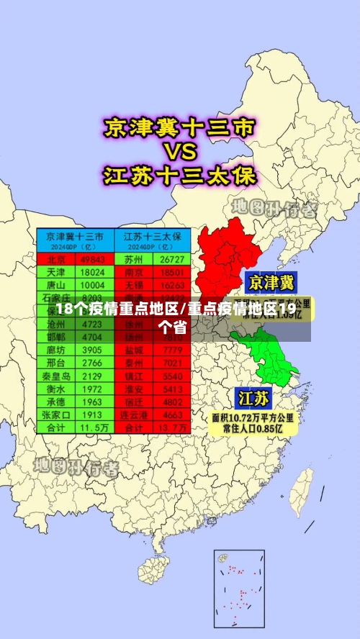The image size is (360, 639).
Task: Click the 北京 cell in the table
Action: [56, 259]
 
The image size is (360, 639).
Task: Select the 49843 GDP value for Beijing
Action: [93, 259]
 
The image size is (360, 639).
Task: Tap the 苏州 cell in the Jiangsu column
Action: [133, 259]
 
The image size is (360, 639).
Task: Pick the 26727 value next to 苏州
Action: [172, 259]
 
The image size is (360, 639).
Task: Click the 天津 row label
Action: [56, 273]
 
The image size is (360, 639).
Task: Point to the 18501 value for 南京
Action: [172, 273]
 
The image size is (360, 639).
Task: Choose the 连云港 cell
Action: [133, 415]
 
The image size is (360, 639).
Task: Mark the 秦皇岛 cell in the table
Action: [56, 376]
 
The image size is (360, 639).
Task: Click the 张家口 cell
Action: [56, 415]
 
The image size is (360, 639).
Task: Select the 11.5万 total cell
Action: [93, 427]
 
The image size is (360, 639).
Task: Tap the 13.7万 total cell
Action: [172, 427]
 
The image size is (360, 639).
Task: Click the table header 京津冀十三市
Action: [75, 236]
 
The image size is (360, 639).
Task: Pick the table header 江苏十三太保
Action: [152, 236]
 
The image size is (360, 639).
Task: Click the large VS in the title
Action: [180, 153]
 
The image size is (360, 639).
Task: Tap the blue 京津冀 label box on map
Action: [271, 281]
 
